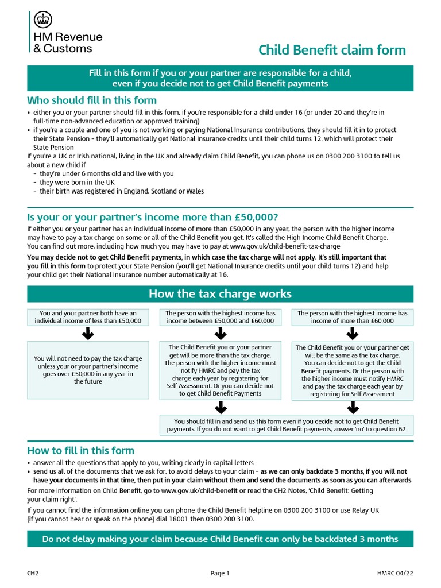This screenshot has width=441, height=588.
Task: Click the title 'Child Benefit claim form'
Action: click(x=332, y=50)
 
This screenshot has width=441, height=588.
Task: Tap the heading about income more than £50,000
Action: click(x=153, y=217)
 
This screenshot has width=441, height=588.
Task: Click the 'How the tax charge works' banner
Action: click(x=220, y=294)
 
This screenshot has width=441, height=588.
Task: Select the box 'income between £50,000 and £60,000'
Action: click(x=220, y=317)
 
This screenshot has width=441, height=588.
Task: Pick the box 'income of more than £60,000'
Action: click(x=352, y=317)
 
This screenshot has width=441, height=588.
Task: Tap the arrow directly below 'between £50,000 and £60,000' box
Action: click(x=220, y=334)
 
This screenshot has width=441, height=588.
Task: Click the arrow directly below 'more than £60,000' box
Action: click(x=352, y=334)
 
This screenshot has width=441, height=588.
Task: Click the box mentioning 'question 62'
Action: click(x=286, y=424)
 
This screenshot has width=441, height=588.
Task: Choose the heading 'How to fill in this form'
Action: click(x=81, y=450)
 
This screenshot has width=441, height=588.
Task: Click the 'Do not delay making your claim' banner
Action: click(x=220, y=539)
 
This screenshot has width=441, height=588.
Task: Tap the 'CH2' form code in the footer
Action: click(x=33, y=573)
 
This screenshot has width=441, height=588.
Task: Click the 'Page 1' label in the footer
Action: click(x=220, y=573)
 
